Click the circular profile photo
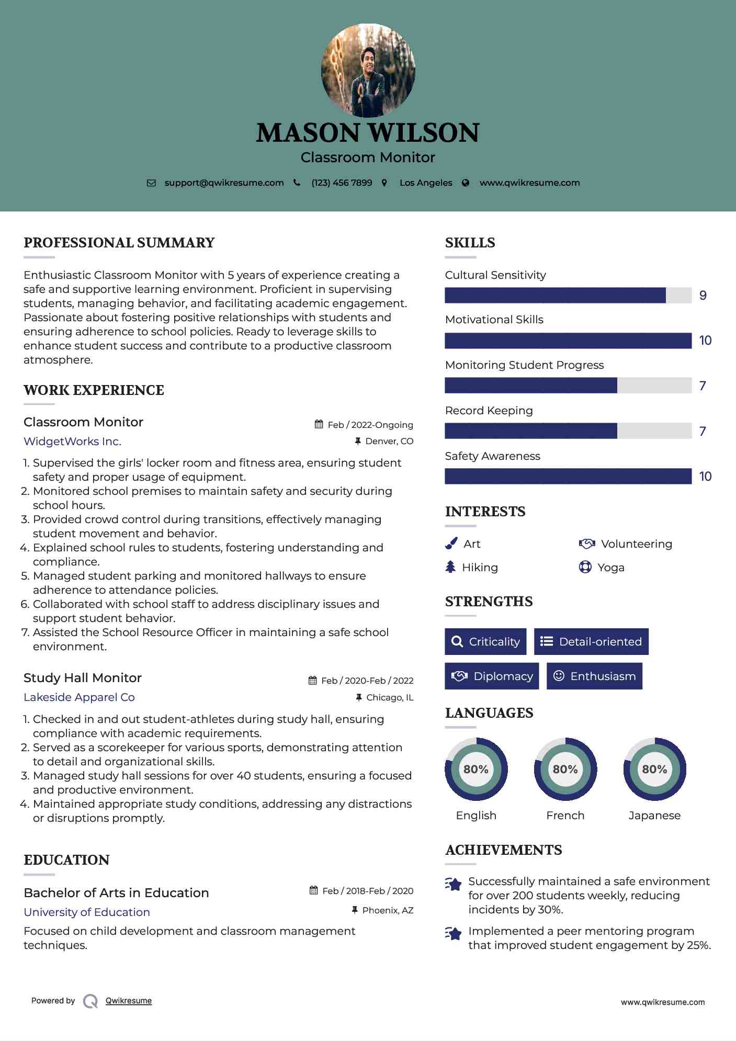[x=368, y=70]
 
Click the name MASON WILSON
[x=368, y=133]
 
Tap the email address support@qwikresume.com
[x=224, y=183]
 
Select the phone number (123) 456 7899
[x=342, y=183]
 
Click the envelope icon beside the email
[x=151, y=183]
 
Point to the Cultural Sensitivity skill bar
[x=568, y=296]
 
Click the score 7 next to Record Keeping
[x=703, y=432]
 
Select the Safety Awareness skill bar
[x=568, y=477]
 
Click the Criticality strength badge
[x=485, y=642]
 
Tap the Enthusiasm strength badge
[x=594, y=676]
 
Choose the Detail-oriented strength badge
[x=591, y=642]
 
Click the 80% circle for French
[x=565, y=770]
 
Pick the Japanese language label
[x=654, y=816]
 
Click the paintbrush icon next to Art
[x=451, y=544]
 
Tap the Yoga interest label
[x=611, y=568]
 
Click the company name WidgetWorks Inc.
[x=72, y=442]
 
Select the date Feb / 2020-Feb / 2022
[x=367, y=681]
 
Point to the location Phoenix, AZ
[x=388, y=911]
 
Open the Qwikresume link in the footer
[x=129, y=1001]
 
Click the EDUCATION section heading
[x=66, y=860]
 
